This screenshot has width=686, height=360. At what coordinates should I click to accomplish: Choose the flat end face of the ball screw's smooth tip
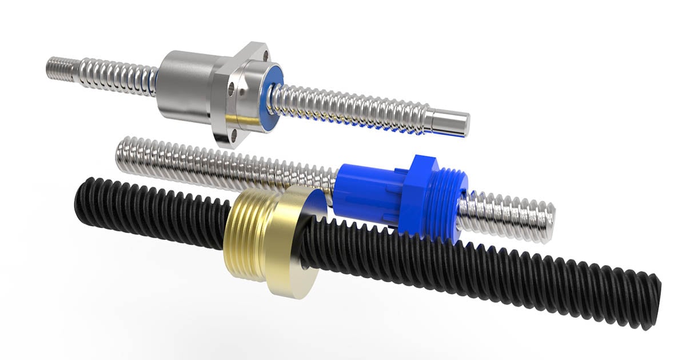[463, 125]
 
